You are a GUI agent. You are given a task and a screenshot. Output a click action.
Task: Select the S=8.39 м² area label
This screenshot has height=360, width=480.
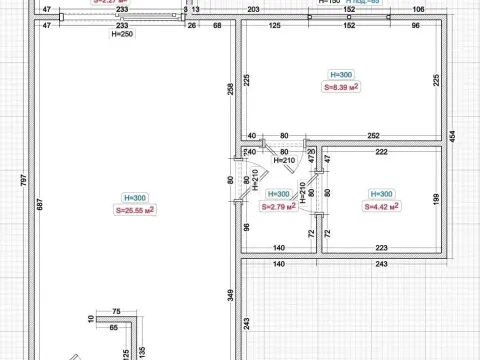342,87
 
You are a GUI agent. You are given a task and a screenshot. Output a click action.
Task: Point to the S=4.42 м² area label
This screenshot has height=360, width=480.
381,206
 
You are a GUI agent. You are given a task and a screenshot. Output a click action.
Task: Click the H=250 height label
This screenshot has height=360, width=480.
120,33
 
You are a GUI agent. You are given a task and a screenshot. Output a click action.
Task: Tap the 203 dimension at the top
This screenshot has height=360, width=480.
253,9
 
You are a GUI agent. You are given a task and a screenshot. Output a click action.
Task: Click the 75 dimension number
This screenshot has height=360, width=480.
117,311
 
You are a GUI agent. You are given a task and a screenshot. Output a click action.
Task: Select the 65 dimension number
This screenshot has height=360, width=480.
115,327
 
